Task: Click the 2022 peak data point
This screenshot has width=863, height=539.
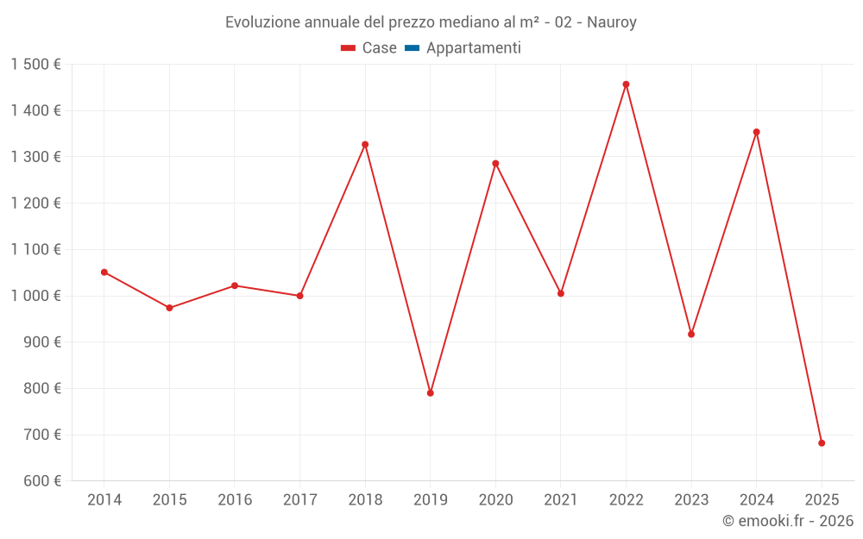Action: tap(626, 85)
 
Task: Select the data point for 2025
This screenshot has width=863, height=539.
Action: tap(822, 443)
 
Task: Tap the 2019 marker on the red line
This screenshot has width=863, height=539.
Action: tap(431, 393)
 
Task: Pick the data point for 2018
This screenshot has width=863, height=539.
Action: tap(365, 144)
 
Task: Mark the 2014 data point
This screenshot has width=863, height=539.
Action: tap(104, 273)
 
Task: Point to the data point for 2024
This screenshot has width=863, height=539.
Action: tap(756, 132)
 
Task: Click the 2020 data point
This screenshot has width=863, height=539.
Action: tap(495, 163)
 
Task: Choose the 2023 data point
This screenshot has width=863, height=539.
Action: tap(691, 335)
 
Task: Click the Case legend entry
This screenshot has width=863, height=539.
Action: tap(369, 48)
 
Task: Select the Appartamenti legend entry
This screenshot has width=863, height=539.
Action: tap(463, 48)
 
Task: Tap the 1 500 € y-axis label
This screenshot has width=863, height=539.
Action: tap(36, 65)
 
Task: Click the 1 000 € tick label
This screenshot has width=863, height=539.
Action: tap(36, 296)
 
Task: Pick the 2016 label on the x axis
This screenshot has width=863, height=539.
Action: tap(235, 500)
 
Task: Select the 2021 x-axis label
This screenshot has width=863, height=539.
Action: tap(561, 500)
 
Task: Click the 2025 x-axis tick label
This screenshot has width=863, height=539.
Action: tap(822, 500)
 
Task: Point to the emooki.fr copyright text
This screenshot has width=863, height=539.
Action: tap(788, 521)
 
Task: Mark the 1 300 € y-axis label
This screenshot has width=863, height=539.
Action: tap(36, 157)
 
